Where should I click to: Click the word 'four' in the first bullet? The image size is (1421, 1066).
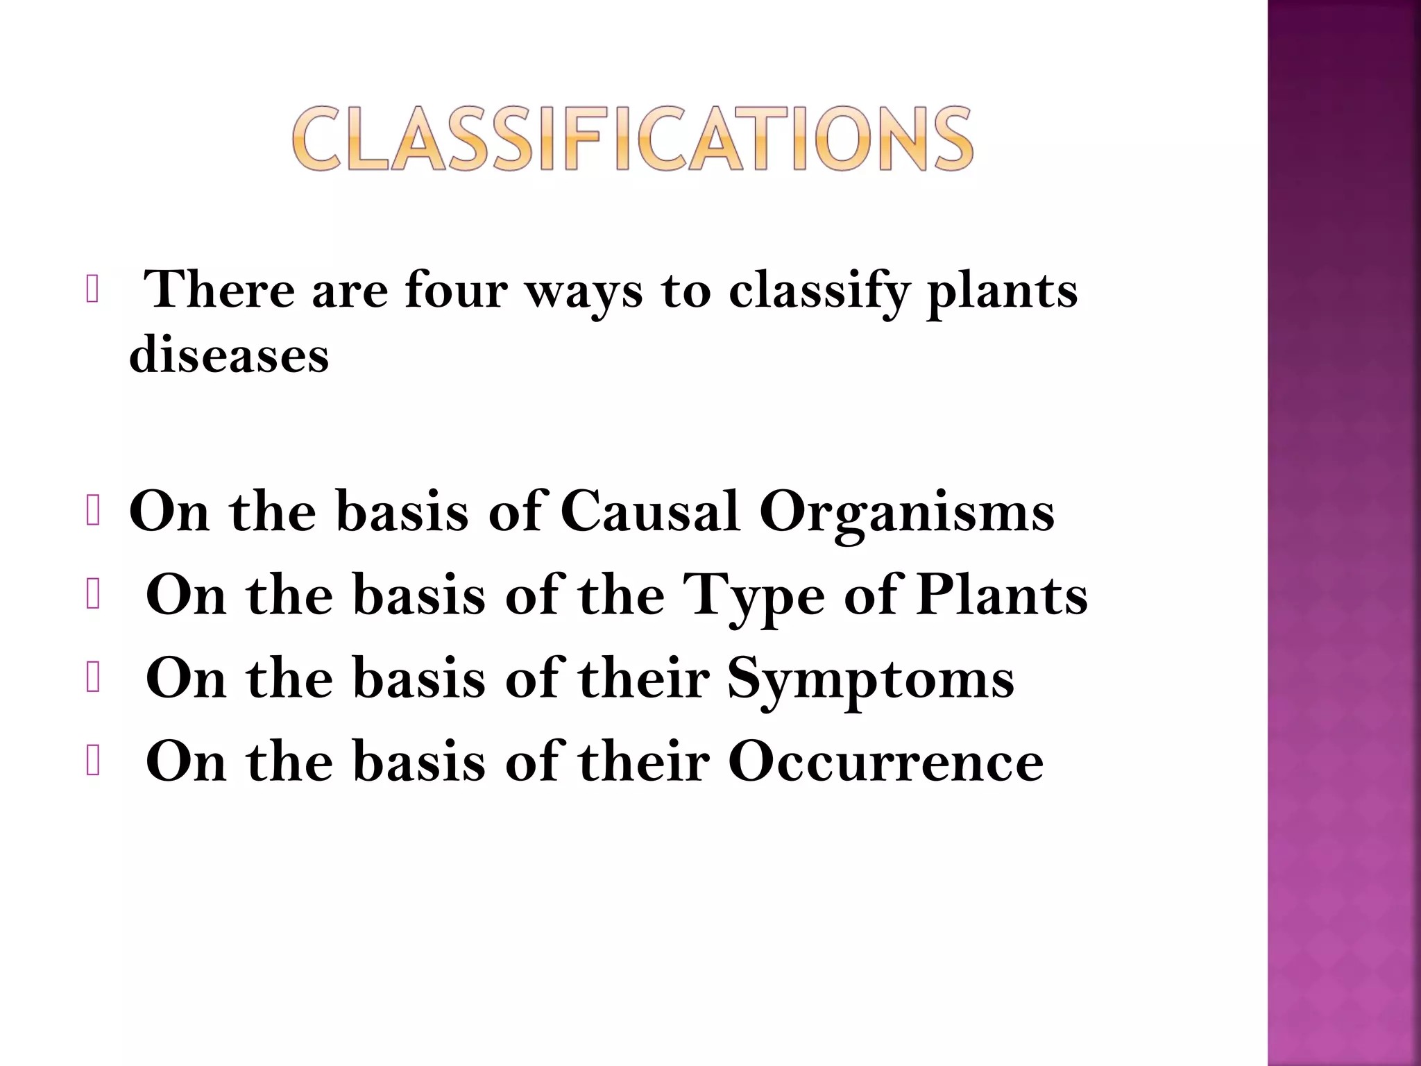click(x=456, y=290)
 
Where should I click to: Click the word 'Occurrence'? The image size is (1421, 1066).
click(x=885, y=762)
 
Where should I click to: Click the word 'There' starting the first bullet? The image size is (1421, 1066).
click(x=219, y=290)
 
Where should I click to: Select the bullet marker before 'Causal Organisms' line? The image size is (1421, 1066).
click(x=93, y=512)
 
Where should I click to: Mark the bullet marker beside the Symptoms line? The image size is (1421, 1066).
click(x=93, y=679)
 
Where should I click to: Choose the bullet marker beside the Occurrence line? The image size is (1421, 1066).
click(x=93, y=762)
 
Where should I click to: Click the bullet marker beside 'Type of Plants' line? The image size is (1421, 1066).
click(x=93, y=595)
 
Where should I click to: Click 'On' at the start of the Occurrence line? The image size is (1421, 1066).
click(x=186, y=762)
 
